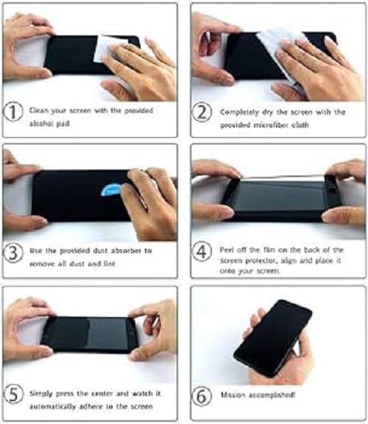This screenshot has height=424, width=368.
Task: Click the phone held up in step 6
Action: [x=272, y=336]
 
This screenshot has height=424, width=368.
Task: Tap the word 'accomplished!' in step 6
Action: [x=272, y=395]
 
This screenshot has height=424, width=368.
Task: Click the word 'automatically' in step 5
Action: [x=54, y=404]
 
